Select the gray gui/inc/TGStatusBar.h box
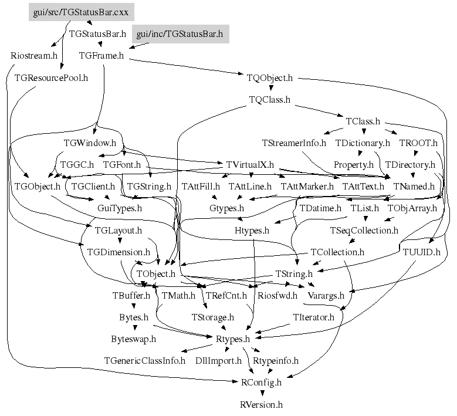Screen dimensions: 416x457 [x=180, y=34]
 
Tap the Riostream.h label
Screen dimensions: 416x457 [x=34, y=56]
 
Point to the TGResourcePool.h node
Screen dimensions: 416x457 [x=51, y=77]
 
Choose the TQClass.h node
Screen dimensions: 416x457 [x=270, y=99]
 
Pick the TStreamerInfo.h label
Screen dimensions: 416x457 [x=294, y=143]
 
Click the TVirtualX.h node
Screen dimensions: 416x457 [x=246, y=164]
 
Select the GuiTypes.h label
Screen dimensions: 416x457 [x=120, y=208]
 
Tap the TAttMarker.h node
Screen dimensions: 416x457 [x=307, y=186]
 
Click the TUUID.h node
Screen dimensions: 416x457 [x=421, y=252]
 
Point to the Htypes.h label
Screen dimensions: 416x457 [x=252, y=230]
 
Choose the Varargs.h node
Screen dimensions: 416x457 [x=326, y=295]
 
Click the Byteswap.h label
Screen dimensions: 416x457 [x=133, y=339]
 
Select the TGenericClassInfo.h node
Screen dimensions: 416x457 [x=144, y=360]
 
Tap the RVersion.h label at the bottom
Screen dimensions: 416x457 [x=262, y=404]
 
